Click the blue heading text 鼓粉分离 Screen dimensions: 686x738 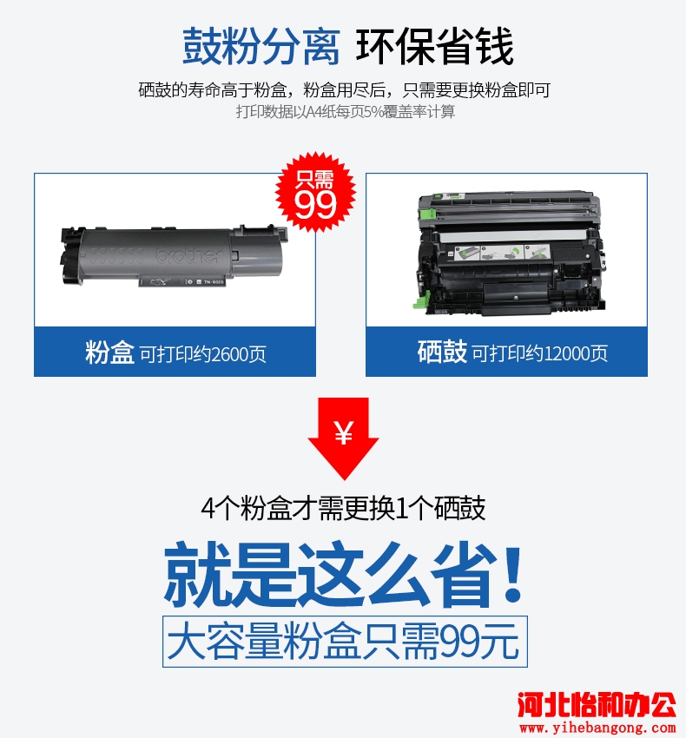point(261,46)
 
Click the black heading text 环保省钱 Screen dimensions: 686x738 point(434,46)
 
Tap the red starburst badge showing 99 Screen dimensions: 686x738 point(315,192)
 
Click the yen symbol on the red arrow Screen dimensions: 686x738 point(344,433)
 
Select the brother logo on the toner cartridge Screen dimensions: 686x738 point(188,255)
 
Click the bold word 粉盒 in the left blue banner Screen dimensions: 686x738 point(109,353)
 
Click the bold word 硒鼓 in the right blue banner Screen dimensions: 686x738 point(442,352)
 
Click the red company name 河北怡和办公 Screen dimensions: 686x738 point(597,705)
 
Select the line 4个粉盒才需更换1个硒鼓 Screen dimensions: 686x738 point(343,508)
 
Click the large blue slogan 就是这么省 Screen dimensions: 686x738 point(331,574)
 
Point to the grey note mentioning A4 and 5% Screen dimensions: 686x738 point(346,111)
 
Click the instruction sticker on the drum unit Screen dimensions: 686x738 point(503,253)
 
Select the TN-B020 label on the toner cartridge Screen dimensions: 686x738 point(214,282)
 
